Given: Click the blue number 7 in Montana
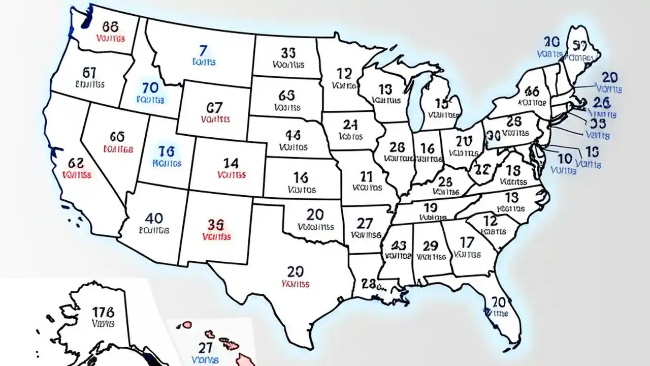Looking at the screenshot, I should pyautogui.click(x=203, y=50).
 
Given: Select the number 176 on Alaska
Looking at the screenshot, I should pyautogui.click(x=104, y=312).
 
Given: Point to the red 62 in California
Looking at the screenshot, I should pyautogui.click(x=76, y=163).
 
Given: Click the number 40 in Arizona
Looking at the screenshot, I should pyautogui.click(x=154, y=218).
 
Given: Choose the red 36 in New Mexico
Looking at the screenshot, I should pyautogui.click(x=216, y=224).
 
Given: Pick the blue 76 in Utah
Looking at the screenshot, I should pyautogui.click(x=167, y=151).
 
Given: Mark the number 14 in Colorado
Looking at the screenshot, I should pyautogui.click(x=231, y=163).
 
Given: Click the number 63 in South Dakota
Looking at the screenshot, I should pyautogui.click(x=287, y=95).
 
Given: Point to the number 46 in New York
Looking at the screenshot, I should pyautogui.click(x=532, y=91).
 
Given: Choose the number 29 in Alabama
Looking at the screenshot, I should pyautogui.click(x=430, y=246).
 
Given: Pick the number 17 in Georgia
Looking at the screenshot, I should pyautogui.click(x=466, y=242).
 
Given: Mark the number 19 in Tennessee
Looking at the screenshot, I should pyautogui.click(x=430, y=207).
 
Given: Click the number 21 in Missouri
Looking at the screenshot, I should pyautogui.click(x=366, y=176).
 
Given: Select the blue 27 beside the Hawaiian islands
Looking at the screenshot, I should pyautogui.click(x=205, y=348).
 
